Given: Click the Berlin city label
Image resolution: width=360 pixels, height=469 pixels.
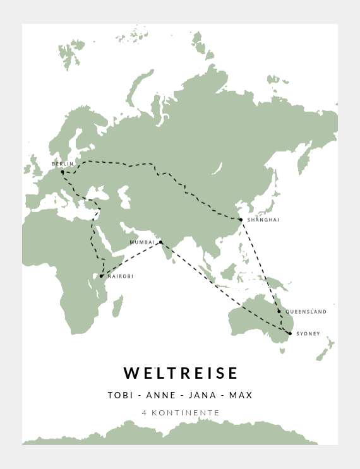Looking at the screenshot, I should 63,164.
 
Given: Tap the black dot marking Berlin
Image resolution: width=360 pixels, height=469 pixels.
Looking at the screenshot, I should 62,172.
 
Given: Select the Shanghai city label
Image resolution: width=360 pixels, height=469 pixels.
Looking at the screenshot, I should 263,220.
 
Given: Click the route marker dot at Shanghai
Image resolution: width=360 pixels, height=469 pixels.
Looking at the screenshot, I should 241,220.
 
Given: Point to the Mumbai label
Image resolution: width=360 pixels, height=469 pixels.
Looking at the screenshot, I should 141,242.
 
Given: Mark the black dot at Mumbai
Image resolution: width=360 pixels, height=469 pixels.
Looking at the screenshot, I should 160,242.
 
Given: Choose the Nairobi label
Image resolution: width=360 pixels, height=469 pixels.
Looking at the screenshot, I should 120,276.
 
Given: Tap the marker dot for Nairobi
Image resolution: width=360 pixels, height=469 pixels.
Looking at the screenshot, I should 101,276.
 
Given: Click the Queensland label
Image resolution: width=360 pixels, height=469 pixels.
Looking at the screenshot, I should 306,312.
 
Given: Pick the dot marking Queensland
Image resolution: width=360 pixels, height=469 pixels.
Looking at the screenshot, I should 279,311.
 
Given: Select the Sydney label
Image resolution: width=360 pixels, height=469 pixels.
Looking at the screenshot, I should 308,333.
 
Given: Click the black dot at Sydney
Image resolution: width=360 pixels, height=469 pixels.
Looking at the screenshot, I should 290,333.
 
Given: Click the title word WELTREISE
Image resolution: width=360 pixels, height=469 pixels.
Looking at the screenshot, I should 181,373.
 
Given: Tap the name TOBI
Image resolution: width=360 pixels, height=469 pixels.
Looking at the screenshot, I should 120,396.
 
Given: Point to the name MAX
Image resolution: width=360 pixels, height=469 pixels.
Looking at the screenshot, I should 241,396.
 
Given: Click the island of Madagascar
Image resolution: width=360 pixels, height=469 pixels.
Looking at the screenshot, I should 117,307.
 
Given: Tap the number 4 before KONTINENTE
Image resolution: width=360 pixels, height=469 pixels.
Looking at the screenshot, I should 145,413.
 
